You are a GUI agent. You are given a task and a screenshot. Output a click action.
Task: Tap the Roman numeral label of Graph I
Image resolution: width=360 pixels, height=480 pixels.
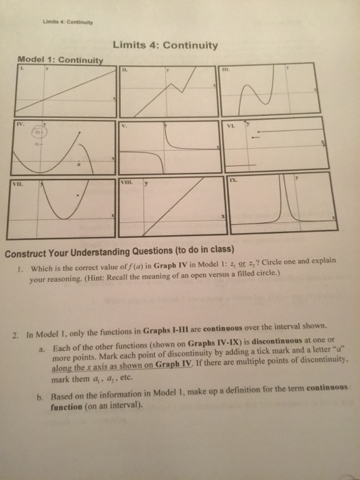(21, 68)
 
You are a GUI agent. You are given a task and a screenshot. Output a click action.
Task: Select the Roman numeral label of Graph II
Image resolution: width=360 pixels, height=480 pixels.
(125, 69)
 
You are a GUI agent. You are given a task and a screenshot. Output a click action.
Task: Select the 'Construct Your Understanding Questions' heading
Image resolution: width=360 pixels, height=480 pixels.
(117, 248)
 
